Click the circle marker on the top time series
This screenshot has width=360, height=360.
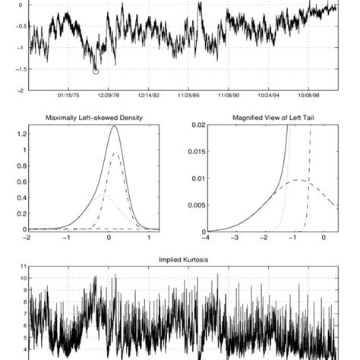pos(96,71)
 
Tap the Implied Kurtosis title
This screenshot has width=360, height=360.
pos(179,260)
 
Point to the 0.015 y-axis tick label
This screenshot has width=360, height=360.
pos(196,152)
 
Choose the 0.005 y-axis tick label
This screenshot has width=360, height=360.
pos(196,205)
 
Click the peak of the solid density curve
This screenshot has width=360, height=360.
pos(114,127)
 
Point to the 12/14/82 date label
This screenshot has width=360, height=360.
pos(148,96)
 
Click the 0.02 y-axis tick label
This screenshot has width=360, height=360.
pos(198,125)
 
